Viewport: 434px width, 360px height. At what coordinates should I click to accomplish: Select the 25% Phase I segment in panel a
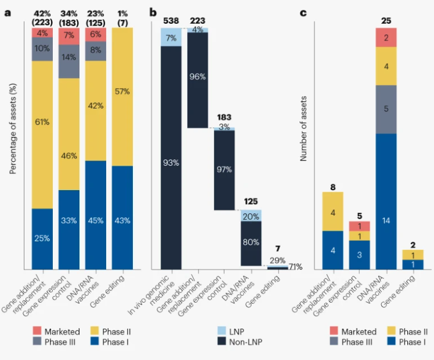click(x=42, y=238)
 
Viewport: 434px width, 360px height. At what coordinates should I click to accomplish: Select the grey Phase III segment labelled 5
click(x=386, y=109)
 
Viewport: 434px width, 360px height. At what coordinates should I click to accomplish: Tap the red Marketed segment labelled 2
click(x=386, y=37)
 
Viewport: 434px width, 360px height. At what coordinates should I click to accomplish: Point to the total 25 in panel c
click(x=386, y=21)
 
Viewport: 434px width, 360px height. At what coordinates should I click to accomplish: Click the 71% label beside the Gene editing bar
click(x=296, y=267)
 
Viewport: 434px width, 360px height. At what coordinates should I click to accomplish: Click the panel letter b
click(x=152, y=11)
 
